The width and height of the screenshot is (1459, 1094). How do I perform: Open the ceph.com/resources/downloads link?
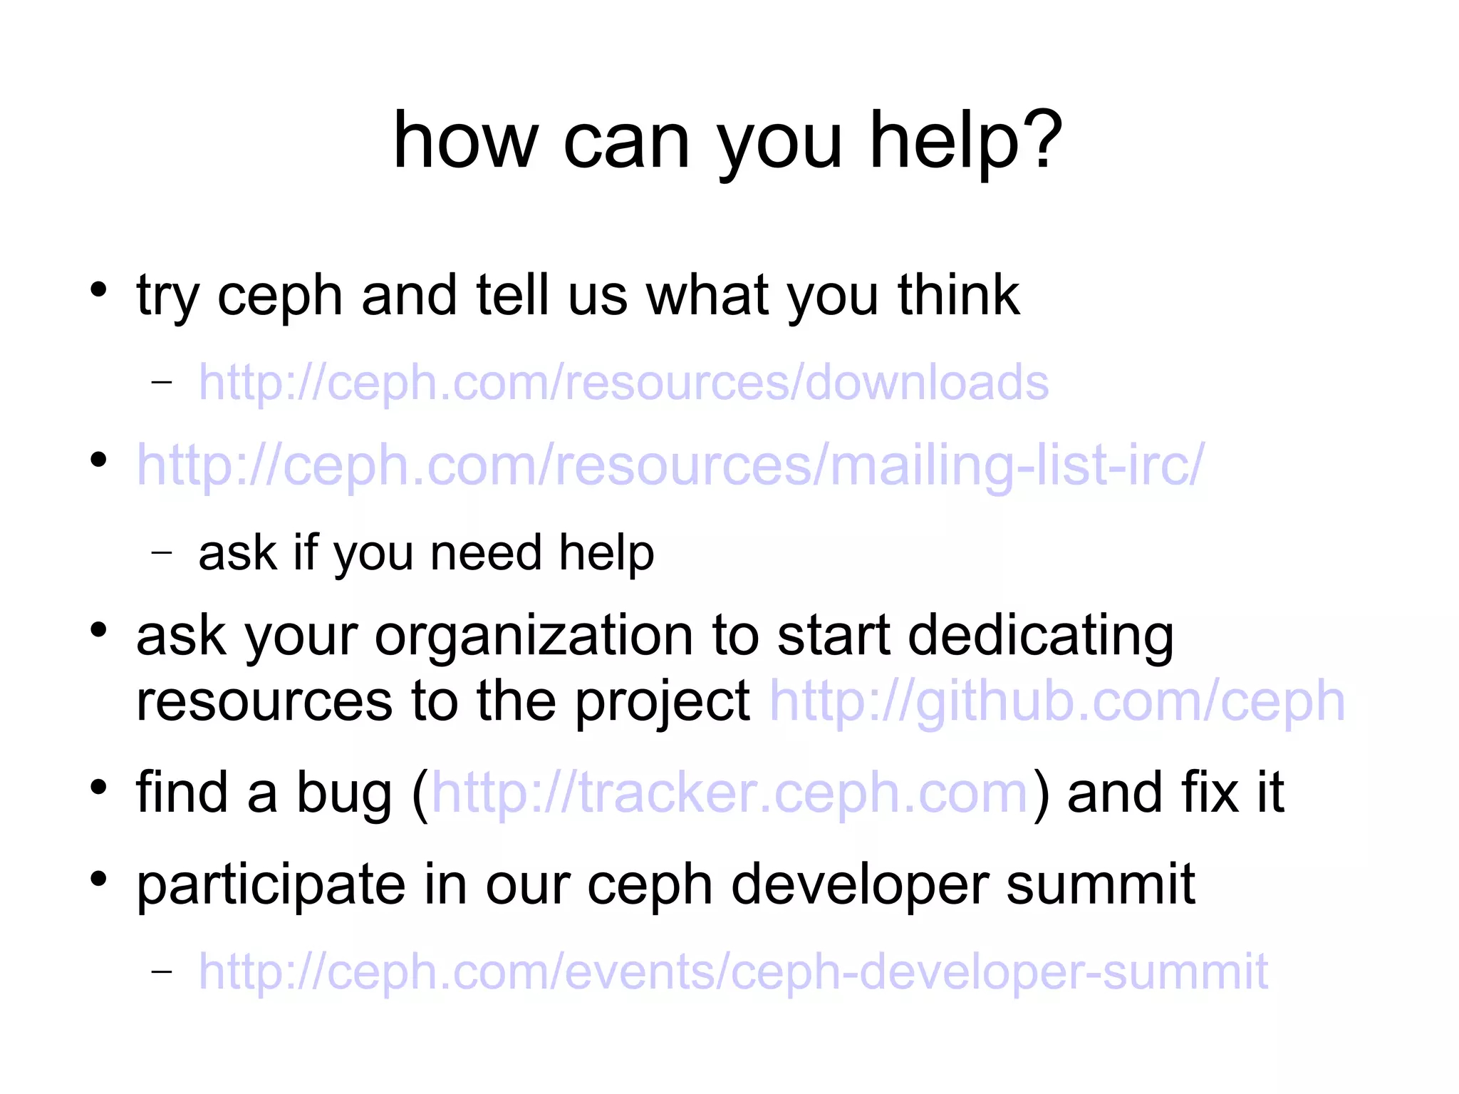(623, 383)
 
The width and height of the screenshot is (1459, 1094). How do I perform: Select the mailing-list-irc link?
(670, 465)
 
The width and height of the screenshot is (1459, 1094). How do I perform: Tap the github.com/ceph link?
(1057, 702)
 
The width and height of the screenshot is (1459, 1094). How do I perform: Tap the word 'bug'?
(344, 794)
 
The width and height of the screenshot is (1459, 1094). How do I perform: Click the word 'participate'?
(271, 885)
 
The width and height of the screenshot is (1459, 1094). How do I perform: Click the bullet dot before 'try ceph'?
(98, 290)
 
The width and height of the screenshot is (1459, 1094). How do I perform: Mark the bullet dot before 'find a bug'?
(98, 788)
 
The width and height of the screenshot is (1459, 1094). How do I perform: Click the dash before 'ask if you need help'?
(162, 552)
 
